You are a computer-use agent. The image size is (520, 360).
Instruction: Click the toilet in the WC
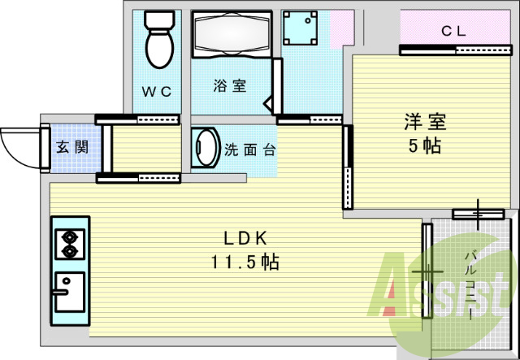click(x=158, y=41)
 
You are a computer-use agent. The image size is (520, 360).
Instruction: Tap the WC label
click(x=158, y=92)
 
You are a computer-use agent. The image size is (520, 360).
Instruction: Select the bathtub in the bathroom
click(x=231, y=35)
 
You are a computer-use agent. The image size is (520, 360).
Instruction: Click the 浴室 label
click(x=230, y=85)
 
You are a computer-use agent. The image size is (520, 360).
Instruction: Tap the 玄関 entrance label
click(x=71, y=147)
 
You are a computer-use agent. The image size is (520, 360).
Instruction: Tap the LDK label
click(x=246, y=238)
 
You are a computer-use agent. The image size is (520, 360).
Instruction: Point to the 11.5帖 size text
click(x=246, y=262)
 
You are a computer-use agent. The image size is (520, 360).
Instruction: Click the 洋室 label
click(x=425, y=123)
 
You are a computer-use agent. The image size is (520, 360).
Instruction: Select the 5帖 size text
click(x=425, y=147)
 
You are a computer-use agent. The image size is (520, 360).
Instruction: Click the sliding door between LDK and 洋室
click(x=348, y=167)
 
